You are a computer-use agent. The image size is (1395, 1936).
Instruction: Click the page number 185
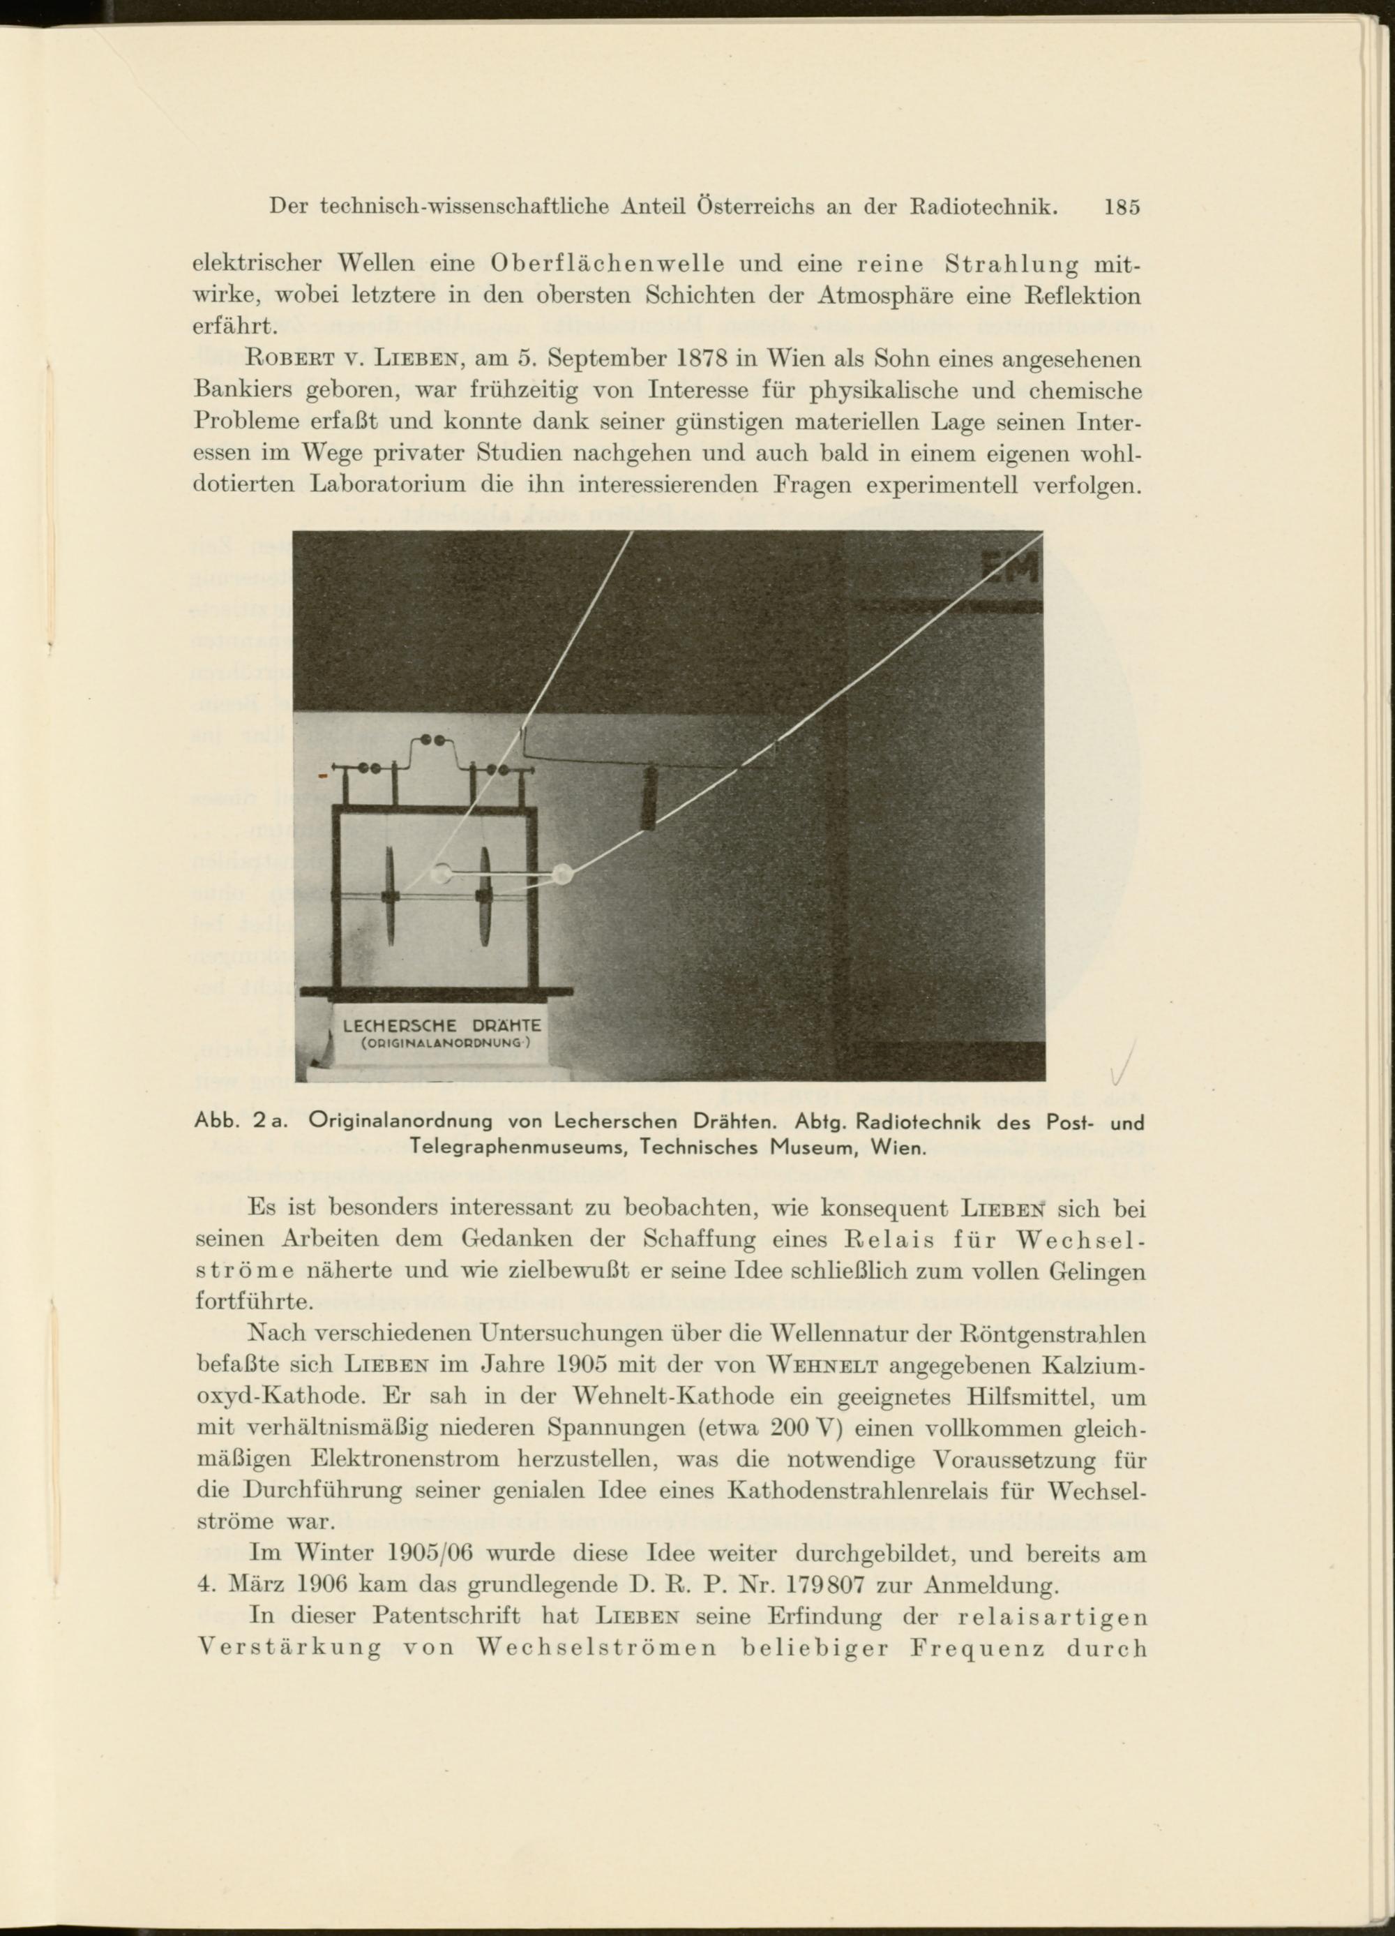1121,207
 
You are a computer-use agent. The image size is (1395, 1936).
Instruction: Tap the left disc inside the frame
391,896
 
